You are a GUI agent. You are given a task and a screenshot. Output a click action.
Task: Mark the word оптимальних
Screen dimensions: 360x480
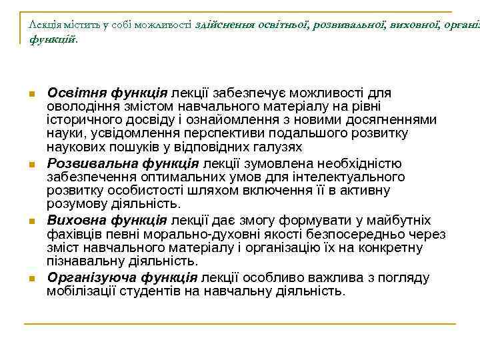click(x=171, y=177)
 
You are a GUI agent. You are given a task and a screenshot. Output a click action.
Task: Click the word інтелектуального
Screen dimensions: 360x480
click(x=354, y=177)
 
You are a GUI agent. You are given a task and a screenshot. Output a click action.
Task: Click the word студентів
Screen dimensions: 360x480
click(x=159, y=291)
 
